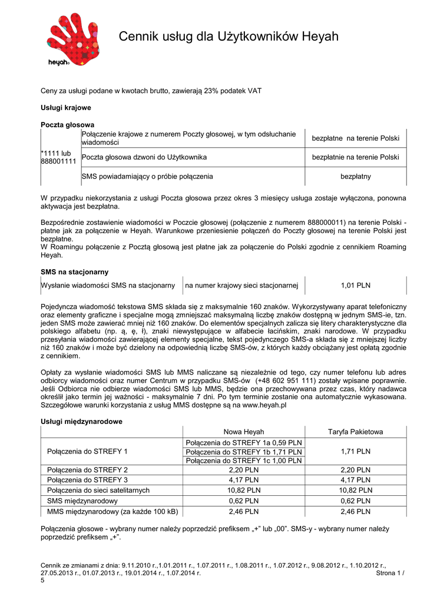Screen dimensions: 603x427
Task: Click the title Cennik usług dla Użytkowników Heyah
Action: pyautogui.click(x=229, y=37)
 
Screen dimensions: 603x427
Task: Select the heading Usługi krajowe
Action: pyautogui.click(x=65, y=108)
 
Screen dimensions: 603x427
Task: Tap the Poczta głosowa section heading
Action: pyautogui.click(x=67, y=125)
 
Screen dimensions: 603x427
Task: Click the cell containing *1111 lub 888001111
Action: pyautogui.click(x=59, y=157)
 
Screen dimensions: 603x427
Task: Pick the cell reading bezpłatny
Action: pyautogui.click(x=355, y=176)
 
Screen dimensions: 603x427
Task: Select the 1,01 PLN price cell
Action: pyautogui.click(x=355, y=286)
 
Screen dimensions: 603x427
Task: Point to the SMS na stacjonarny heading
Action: pyautogui.click(x=74, y=271)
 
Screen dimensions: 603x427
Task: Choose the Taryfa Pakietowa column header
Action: pyautogui.click(x=355, y=432)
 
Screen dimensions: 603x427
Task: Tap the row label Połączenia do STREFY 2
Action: pyautogui.click(x=87, y=470)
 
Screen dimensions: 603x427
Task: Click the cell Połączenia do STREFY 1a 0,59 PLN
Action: pyautogui.click(x=244, y=442)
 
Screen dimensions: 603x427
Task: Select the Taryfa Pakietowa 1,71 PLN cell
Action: pyautogui.click(x=355, y=451)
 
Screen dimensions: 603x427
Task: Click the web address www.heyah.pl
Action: pyautogui.click(x=264, y=406)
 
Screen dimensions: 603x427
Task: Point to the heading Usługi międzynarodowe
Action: pyautogui.click(x=81, y=422)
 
